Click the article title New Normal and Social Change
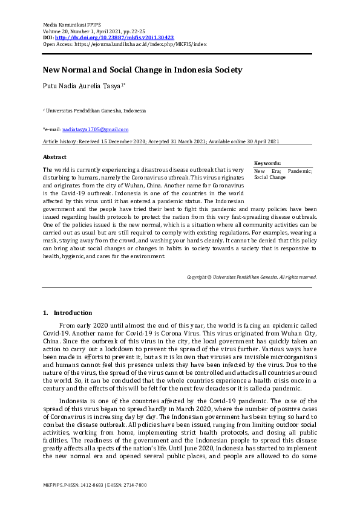click(x=142, y=70)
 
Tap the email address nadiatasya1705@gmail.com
click(x=95, y=129)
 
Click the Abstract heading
click(x=54, y=156)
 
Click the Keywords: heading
click(x=267, y=163)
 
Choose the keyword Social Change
click(x=269, y=178)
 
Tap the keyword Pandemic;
click(x=300, y=171)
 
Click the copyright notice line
click(x=252, y=277)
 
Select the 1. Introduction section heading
click(x=67, y=313)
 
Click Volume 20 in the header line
click(x=56, y=30)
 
